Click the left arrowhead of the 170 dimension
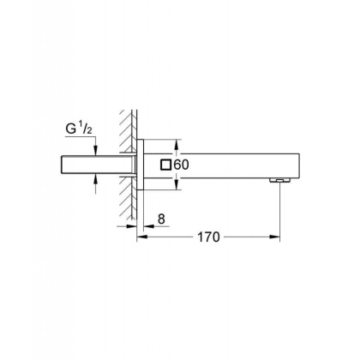(x=141, y=236)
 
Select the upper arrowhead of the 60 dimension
(x=177, y=143)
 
